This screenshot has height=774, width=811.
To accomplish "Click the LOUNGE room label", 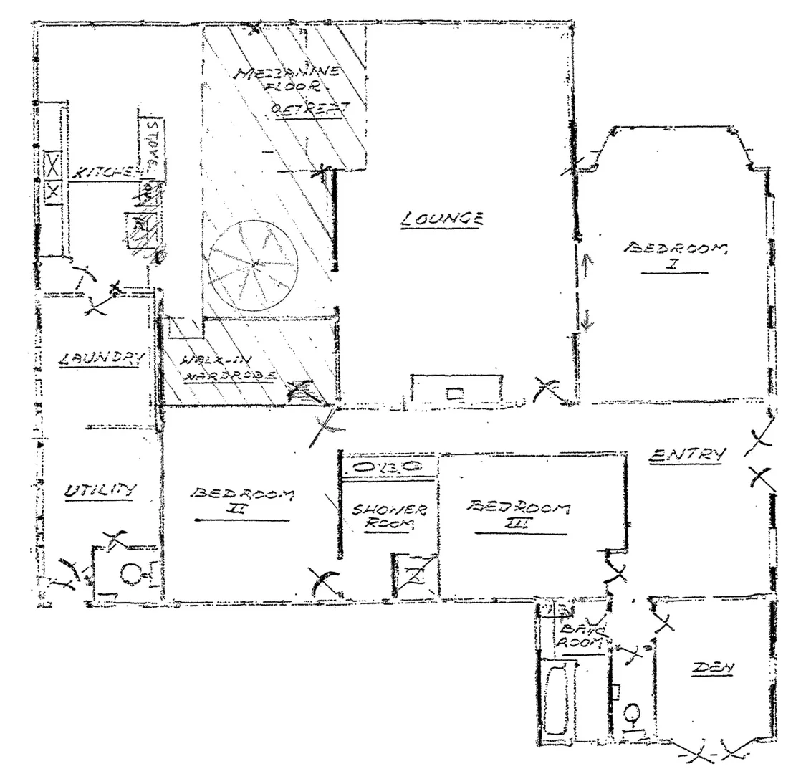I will (442, 218).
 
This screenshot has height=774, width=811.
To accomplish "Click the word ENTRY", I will (688, 454).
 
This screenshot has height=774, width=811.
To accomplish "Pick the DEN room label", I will (714, 668).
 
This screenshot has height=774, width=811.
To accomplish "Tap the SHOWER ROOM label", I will (389, 516).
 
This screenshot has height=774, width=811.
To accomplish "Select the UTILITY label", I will (100, 492).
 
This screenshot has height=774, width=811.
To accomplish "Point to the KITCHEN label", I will (104, 172).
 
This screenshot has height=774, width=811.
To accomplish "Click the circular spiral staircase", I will (254, 265).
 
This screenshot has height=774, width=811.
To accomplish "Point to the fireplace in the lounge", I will (456, 391).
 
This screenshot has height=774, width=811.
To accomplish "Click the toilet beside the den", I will (632, 715).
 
